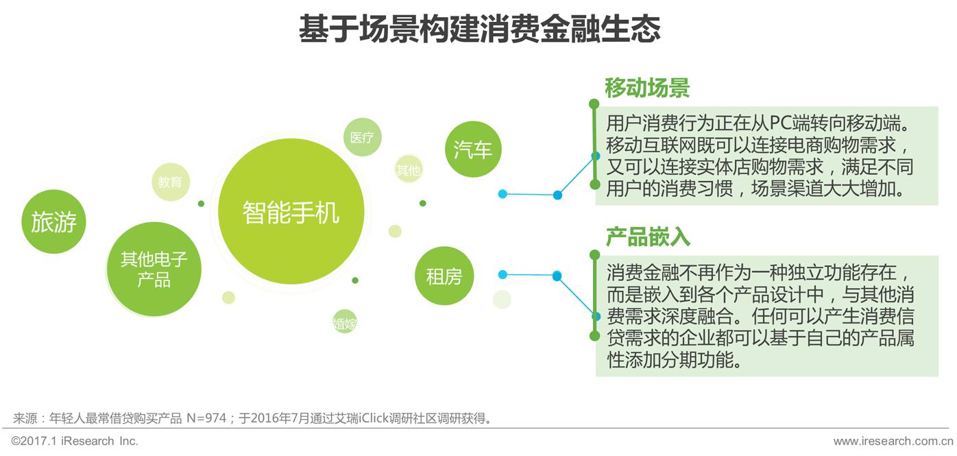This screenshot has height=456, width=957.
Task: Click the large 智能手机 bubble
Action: coord(291,212)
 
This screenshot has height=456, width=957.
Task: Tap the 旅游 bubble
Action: coord(53,221)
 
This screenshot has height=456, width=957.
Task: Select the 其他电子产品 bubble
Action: coord(154,269)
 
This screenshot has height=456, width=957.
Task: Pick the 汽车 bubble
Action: coord(473,149)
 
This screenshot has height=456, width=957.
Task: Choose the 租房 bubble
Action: coord(444,276)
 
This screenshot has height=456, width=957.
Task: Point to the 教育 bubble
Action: coord(170,182)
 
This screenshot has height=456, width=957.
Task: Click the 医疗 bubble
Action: coord(362,137)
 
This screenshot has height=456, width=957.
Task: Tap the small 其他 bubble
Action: coord(408,170)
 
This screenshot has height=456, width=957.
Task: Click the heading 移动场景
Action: coord(646,88)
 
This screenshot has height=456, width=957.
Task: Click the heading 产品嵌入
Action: coord(646,237)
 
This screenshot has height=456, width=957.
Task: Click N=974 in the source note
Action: coord(206,418)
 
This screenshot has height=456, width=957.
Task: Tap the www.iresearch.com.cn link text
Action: coord(893,441)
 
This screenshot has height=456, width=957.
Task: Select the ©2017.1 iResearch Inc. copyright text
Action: coord(75,441)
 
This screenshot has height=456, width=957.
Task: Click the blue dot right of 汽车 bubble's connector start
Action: coord(502,194)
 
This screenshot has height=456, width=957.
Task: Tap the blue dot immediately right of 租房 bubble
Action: coord(502,274)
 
